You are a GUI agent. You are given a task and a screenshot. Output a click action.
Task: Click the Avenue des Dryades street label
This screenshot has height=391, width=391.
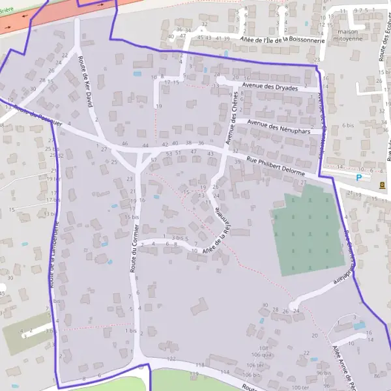(x=269, y=86)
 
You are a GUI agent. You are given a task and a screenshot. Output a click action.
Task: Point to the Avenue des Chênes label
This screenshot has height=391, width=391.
(x=233, y=118)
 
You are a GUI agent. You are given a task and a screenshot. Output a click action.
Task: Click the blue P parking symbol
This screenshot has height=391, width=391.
(x=358, y=177)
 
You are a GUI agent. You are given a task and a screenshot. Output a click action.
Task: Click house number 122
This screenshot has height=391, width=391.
(x=171, y=358)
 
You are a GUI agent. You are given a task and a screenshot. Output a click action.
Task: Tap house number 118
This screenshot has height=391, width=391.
(x=200, y=364)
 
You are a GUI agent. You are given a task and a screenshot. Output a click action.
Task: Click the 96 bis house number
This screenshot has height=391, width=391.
(x=324, y=373)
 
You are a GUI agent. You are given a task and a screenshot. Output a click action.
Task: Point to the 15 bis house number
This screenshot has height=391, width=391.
(x=132, y=216)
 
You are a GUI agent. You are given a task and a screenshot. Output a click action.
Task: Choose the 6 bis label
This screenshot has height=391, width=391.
(x=347, y=124)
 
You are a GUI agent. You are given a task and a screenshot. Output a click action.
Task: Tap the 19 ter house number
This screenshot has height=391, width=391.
(x=53, y=179)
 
